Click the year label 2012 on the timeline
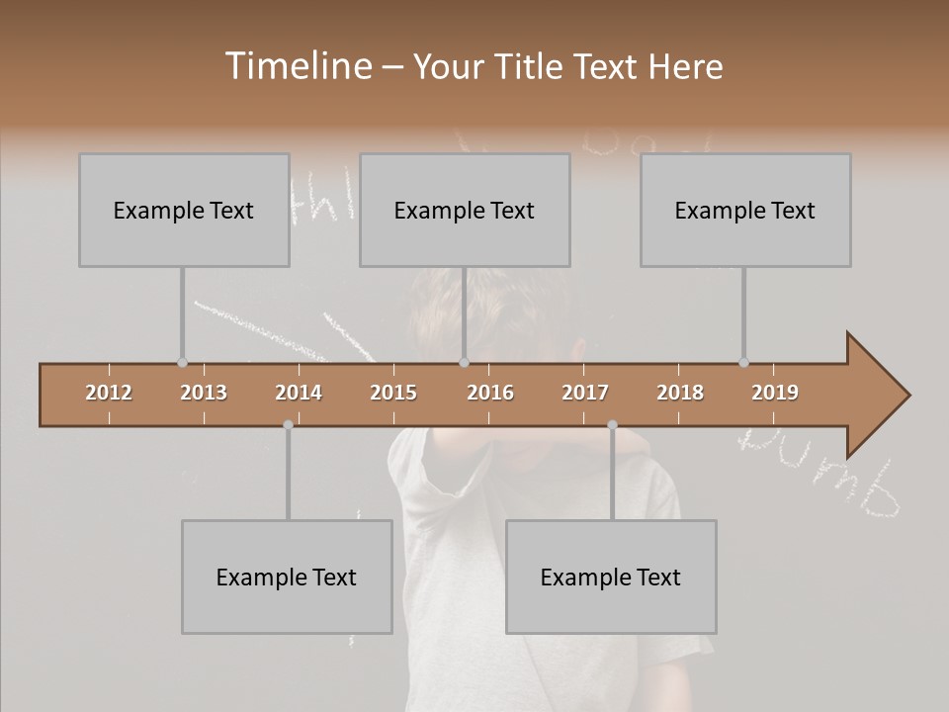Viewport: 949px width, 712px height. click(109, 393)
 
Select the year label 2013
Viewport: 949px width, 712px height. click(204, 393)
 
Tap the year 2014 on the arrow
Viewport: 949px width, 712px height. click(299, 393)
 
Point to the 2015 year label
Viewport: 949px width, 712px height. click(393, 393)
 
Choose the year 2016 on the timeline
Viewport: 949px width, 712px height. click(490, 393)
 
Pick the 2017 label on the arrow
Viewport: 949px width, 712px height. click(585, 393)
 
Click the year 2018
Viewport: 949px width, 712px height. click(680, 393)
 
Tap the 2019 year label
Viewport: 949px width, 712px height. click(775, 393)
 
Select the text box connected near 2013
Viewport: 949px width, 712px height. click(184, 210)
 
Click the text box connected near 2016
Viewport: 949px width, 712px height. click(465, 210)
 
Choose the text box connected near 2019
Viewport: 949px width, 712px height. click(745, 210)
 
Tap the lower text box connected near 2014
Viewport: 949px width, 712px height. click(287, 577)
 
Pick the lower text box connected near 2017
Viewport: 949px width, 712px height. click(611, 577)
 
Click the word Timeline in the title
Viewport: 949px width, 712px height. click(298, 66)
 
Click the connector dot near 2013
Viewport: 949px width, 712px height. click(182, 362)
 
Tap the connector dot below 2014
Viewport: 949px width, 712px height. click(288, 424)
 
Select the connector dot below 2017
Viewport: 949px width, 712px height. click(612, 424)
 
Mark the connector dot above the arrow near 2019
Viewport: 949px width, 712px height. click(743, 362)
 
